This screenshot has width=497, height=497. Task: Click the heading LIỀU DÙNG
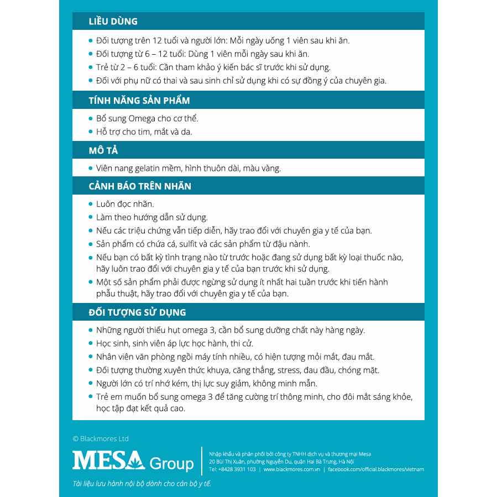[x=113, y=22]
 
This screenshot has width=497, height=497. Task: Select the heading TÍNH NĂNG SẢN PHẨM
[x=139, y=101]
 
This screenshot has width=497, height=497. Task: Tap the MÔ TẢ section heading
[x=103, y=150]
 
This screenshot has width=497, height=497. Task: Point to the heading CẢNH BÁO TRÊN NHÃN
[x=140, y=186]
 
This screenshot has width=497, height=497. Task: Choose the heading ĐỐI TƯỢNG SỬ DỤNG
[x=137, y=312]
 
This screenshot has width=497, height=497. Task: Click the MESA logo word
[x=108, y=461]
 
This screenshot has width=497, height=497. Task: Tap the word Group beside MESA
[x=171, y=463]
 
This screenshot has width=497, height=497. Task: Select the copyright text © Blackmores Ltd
[x=101, y=438]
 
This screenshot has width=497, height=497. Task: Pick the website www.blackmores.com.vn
[x=291, y=469]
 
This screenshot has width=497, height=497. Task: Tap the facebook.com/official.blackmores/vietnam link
[x=376, y=469]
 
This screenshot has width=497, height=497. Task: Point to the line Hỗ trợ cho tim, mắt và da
[x=144, y=132]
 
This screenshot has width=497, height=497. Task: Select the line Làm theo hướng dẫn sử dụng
[x=151, y=217]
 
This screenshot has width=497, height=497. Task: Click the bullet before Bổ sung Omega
[x=91, y=118]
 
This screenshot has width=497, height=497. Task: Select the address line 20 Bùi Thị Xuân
[x=281, y=462]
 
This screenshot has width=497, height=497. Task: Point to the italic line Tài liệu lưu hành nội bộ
[x=142, y=484]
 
